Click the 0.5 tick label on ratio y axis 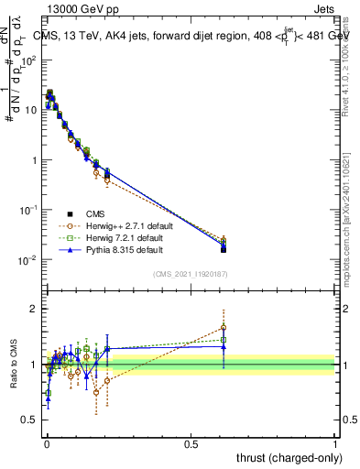point(30,420)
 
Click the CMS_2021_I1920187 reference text point(191,274)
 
